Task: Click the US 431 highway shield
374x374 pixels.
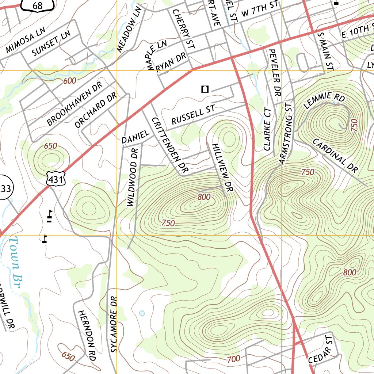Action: pyautogui.click(x=56, y=178)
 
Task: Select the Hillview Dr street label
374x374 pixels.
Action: pyautogui.click(x=222, y=168)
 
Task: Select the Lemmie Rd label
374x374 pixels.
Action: pyautogui.click(x=324, y=101)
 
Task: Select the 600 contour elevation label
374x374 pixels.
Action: pyautogui.click(x=70, y=81)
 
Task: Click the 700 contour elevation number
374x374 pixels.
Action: pyautogui.click(x=233, y=359)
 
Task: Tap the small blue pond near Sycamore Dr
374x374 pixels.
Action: pyautogui.click(x=142, y=313)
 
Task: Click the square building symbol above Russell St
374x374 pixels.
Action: pyautogui.click(x=205, y=89)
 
